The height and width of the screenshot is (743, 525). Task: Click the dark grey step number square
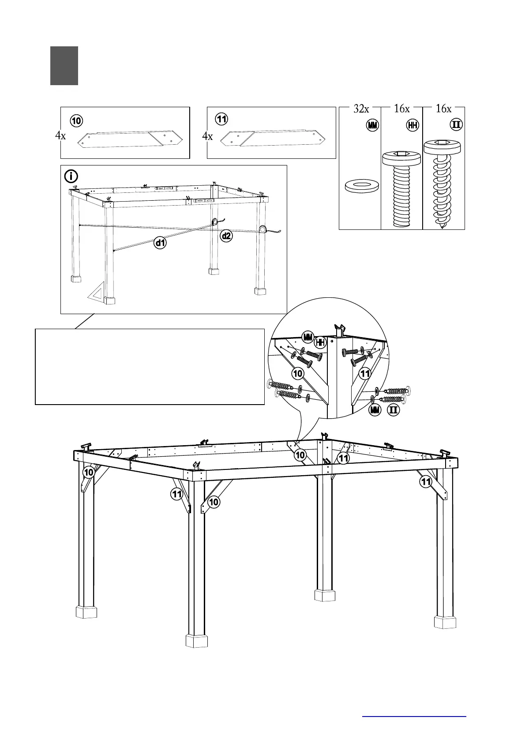tap(64, 66)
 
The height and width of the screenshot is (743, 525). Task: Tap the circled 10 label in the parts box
tap(76, 120)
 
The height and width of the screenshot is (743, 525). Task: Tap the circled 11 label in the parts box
tap(221, 119)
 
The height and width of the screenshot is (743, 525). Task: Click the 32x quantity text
tap(361, 109)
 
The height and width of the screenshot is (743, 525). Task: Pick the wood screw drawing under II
tap(442, 184)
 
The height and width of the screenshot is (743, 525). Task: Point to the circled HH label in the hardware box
tap(412, 125)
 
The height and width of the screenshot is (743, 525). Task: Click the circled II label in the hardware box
tap(456, 125)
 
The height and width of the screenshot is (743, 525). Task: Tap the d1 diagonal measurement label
tap(160, 242)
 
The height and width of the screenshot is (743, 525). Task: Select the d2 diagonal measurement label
tap(226, 236)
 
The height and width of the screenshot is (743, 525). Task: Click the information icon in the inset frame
tap(71, 176)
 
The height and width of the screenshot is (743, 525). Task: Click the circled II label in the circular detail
tap(393, 410)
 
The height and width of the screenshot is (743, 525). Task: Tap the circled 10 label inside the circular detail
tap(298, 373)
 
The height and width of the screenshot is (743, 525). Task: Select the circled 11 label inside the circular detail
tap(365, 374)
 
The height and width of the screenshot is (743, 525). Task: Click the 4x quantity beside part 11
tap(207, 136)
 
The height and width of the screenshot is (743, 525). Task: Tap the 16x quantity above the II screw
tap(443, 109)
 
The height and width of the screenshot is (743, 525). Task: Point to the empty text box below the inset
tap(150, 366)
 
